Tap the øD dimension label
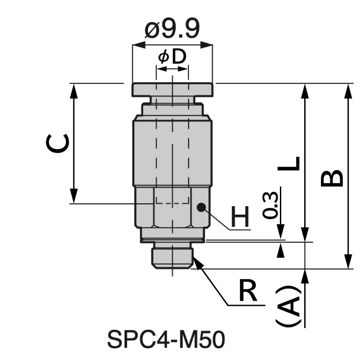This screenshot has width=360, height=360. (x=172, y=57)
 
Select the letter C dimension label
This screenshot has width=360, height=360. (x=58, y=144)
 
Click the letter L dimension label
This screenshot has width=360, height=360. (x=288, y=163)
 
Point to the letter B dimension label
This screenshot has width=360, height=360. (x=332, y=178)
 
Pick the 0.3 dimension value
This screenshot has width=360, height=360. (x=270, y=205)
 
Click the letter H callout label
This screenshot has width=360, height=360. (x=240, y=216)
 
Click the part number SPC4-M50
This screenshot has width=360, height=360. (x=166, y=340)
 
